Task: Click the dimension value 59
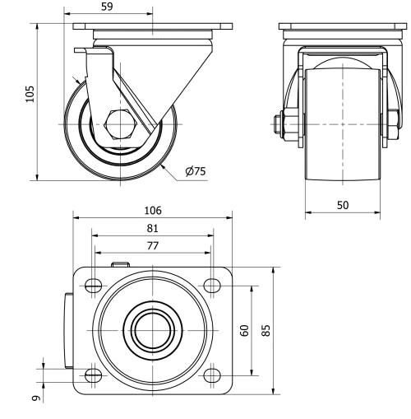(x=107, y=7)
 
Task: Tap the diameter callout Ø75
(x=196, y=171)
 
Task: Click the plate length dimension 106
(x=152, y=211)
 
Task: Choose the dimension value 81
(x=152, y=228)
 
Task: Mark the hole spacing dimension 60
(x=244, y=330)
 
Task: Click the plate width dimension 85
(x=266, y=330)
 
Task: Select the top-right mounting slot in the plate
(x=212, y=285)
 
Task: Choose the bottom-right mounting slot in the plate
(x=212, y=375)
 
